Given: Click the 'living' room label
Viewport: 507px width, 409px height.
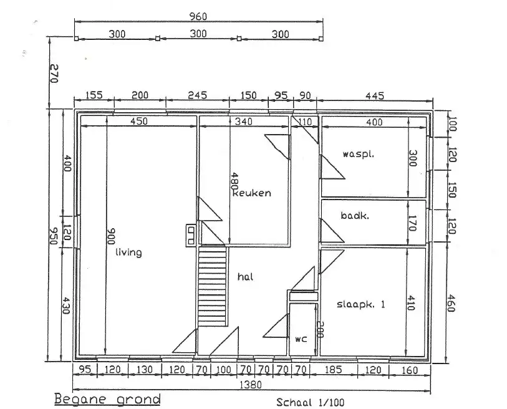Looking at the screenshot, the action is coord(128,252).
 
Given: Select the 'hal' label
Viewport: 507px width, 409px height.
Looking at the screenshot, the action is coord(246,277).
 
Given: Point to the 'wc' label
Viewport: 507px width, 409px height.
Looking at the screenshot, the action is coord(301,339).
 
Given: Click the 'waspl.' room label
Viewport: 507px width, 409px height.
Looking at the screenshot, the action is coord(358,154).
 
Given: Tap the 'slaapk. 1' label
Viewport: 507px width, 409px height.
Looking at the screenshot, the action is coord(361,304).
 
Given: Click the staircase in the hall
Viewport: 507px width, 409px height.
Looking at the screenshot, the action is coord(212,286).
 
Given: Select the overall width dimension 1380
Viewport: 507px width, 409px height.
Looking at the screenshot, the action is coord(251,385).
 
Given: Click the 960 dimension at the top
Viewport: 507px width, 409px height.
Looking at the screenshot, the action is coord(198,16).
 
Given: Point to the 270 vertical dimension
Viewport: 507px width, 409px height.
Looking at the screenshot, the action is coord(54,74).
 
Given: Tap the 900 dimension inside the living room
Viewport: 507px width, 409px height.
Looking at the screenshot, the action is coord(111,236).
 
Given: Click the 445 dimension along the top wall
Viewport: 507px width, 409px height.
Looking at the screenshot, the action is coord(375,95).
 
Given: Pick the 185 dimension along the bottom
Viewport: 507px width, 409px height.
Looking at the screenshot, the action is coord(334,370).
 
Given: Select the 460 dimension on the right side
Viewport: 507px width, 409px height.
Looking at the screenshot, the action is coord(451,303).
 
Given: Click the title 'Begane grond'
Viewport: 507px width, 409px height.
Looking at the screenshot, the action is coord(107,399).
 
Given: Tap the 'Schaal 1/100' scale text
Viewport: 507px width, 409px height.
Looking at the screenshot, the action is coord(310,403).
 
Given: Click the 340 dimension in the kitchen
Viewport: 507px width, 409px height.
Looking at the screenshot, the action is coord(243,122).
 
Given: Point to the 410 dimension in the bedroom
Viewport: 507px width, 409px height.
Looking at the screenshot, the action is coord(410,302).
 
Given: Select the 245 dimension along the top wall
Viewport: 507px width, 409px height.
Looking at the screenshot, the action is coord(197,95).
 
